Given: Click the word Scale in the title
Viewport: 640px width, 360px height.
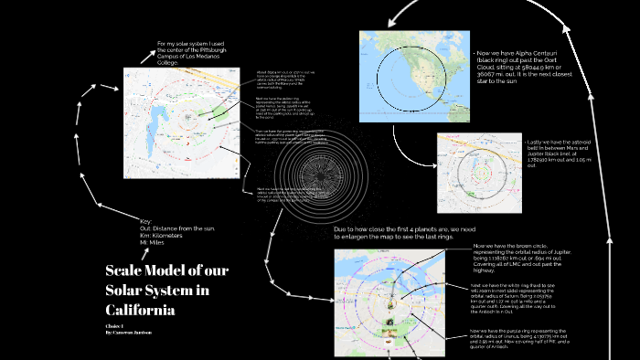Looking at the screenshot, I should [126, 270].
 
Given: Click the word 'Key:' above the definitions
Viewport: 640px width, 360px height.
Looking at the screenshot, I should [145, 221].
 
